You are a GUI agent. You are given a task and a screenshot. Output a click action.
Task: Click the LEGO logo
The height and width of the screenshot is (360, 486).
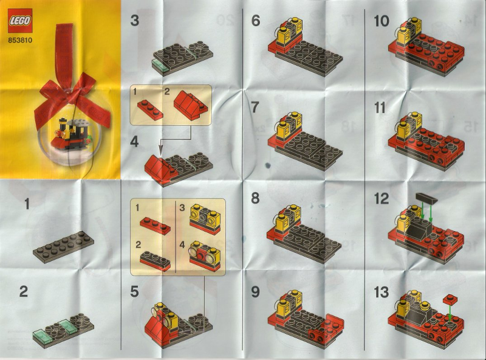(x=20, y=21)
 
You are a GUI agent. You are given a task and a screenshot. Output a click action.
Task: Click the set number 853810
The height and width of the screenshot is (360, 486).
(x=20, y=40)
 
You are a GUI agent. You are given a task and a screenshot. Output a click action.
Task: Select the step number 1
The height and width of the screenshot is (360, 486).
(x=27, y=204)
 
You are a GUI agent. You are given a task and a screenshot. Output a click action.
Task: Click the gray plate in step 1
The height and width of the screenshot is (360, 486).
(x=64, y=247)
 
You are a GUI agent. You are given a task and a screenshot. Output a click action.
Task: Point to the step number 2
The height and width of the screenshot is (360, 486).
(x=24, y=292)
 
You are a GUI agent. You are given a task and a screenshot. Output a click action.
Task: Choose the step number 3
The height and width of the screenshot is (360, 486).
(x=134, y=21)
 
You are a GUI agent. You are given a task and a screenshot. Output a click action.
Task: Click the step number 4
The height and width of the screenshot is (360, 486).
(x=134, y=142)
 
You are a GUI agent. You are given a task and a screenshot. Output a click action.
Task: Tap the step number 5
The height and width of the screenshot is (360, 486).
(x=134, y=292)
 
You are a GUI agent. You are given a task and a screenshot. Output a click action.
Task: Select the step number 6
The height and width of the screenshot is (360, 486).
(x=256, y=21)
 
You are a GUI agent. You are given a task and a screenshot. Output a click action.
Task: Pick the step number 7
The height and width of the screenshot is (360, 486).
(x=255, y=108)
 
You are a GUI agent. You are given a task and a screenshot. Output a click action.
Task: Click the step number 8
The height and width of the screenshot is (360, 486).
(x=255, y=198)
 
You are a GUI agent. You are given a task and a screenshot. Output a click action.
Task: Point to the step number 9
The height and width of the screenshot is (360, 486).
(x=255, y=292)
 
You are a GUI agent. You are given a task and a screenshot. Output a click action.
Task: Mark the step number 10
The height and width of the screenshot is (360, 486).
(x=382, y=21)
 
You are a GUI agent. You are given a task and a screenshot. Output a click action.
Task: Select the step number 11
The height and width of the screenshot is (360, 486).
(x=380, y=108)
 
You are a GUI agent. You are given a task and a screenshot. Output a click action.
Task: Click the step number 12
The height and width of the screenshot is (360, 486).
(x=382, y=199)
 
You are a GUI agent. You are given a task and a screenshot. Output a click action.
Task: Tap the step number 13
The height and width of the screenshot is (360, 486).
(x=382, y=292)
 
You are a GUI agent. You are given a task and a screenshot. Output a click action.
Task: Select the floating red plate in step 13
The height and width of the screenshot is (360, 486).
(x=450, y=299)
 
